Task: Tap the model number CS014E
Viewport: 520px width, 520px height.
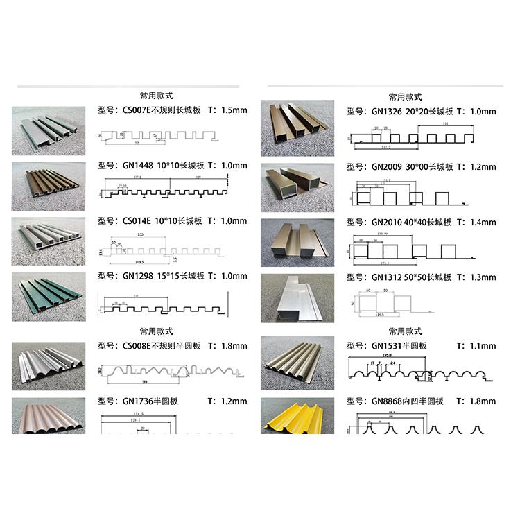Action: [x=137, y=221]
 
